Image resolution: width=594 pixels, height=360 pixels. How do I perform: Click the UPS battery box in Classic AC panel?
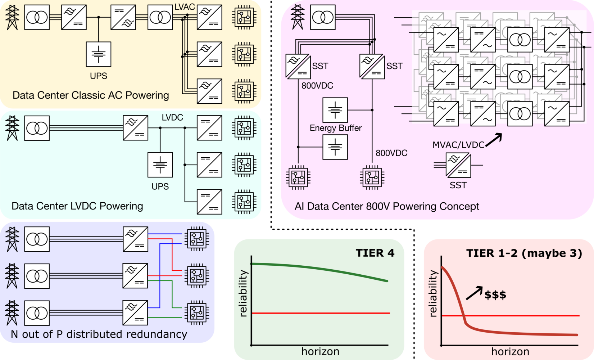point(99,54)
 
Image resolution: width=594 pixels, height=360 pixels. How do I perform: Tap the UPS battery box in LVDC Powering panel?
point(160,165)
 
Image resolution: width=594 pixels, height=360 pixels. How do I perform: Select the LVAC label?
point(185,6)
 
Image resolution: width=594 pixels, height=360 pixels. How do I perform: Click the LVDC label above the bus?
point(172,117)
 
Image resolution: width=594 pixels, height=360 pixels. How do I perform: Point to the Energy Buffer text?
point(335,128)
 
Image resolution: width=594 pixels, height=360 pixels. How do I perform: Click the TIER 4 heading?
point(375,253)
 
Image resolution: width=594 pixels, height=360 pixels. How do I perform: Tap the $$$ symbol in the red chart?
point(495,295)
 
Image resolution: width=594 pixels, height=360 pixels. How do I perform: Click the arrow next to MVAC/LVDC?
point(494,140)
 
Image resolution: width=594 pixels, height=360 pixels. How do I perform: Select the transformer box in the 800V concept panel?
point(323,17)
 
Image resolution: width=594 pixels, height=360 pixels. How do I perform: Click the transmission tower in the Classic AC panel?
point(12,17)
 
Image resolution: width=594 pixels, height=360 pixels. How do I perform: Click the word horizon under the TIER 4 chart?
point(320,351)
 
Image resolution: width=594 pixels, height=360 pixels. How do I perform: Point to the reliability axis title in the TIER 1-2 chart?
point(433,293)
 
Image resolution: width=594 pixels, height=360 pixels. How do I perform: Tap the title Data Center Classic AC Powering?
point(91,95)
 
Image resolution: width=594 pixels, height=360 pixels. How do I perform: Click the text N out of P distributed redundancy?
point(99,334)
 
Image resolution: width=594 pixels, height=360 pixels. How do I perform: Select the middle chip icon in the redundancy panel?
point(197,276)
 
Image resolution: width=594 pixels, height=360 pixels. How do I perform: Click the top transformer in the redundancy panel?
point(37,239)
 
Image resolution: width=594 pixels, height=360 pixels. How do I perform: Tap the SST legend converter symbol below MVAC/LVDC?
point(458,165)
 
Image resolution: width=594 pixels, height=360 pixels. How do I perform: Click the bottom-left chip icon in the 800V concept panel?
point(298,177)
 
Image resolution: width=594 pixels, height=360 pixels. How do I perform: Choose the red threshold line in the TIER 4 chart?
point(321,313)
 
